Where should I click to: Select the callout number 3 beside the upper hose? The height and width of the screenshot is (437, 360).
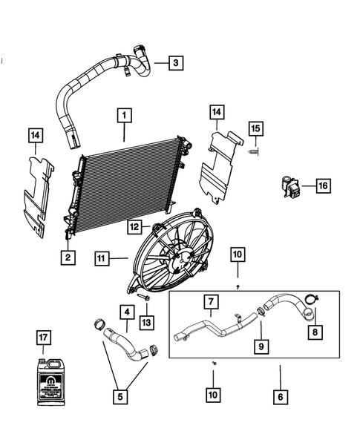(175, 63)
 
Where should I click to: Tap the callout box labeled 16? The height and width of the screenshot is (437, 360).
(323, 185)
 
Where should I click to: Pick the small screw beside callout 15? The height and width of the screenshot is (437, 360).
(254, 151)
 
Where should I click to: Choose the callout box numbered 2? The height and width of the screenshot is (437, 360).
(68, 257)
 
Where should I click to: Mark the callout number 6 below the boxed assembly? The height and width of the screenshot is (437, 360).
(280, 397)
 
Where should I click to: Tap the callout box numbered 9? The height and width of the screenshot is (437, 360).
(261, 346)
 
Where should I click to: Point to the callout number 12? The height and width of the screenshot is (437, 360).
(134, 227)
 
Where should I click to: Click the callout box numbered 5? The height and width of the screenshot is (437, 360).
(121, 397)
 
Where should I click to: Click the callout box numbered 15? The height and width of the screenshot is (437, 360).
(255, 130)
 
